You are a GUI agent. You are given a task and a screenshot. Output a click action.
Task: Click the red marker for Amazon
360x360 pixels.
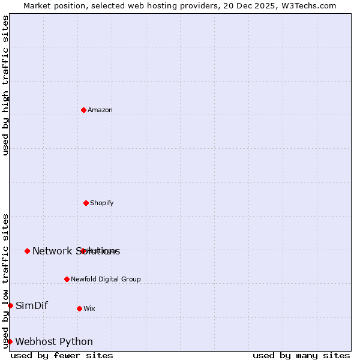coord(83,110)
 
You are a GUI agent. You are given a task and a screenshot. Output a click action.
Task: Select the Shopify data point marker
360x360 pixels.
coord(86,203)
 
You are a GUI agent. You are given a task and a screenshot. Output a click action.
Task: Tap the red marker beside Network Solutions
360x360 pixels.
coord(27,251)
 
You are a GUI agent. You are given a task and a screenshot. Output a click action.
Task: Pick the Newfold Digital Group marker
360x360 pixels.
coord(67,279)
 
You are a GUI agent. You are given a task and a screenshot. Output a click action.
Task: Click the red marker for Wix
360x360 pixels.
coord(79,308)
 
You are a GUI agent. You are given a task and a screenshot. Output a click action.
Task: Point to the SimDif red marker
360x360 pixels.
coord(10,305)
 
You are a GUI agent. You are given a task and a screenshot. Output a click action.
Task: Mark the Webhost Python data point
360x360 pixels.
coord(10,341)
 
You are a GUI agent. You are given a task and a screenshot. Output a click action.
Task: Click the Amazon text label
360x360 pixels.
coord(100,110)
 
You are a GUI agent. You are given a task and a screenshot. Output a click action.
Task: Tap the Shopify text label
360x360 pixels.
coord(102,203)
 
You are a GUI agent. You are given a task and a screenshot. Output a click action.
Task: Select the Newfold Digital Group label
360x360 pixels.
coord(106,279)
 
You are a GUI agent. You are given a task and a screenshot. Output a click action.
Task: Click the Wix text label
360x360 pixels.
coord(89,308)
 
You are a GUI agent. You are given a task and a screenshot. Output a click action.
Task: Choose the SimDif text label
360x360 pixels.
coord(32,305)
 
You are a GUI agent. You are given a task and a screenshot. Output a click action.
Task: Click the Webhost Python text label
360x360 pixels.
coord(54,341)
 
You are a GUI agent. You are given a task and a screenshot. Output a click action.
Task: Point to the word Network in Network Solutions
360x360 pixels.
coord(52,251)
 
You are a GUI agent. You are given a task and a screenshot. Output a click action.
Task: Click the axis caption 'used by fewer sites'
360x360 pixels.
coord(62,355)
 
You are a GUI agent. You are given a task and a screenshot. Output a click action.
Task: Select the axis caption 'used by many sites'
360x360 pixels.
coord(301,355)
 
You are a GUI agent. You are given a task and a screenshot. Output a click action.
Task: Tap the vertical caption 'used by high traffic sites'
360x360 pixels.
coord(6,86)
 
